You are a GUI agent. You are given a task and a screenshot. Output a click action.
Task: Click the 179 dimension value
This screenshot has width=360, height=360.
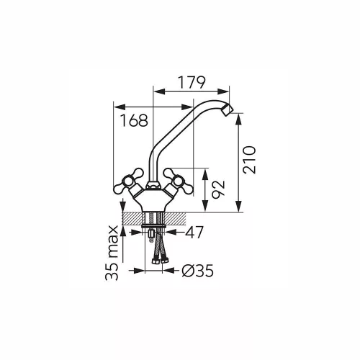click(192, 83)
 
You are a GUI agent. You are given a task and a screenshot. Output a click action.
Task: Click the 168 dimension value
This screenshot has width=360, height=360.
click(134, 120)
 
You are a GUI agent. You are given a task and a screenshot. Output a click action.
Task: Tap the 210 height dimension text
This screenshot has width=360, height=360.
click(249, 160)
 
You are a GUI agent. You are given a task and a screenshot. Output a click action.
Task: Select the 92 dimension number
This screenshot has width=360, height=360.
click(218, 189)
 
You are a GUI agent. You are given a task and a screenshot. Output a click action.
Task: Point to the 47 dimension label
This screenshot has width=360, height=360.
click(194, 232)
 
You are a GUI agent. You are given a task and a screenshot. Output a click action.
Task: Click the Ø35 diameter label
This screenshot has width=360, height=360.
click(197, 271)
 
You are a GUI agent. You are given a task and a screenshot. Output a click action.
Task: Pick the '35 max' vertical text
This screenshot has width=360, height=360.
click(112, 253)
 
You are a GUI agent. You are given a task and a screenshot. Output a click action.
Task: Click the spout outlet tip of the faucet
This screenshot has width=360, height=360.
click(228, 110)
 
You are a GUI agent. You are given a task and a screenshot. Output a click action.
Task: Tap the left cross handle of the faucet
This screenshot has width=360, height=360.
click(128, 181)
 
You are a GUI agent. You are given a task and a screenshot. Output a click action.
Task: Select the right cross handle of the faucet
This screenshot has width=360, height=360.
click(178, 181)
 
